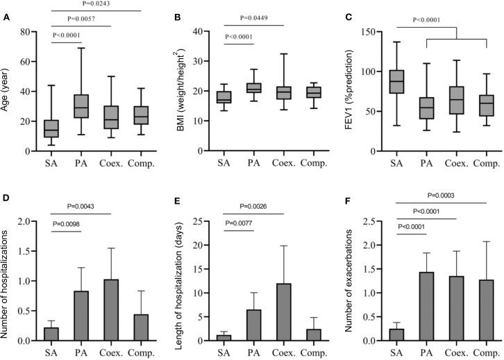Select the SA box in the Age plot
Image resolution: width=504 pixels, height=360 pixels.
[51, 128]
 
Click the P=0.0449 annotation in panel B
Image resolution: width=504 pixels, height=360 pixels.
[259, 19]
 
